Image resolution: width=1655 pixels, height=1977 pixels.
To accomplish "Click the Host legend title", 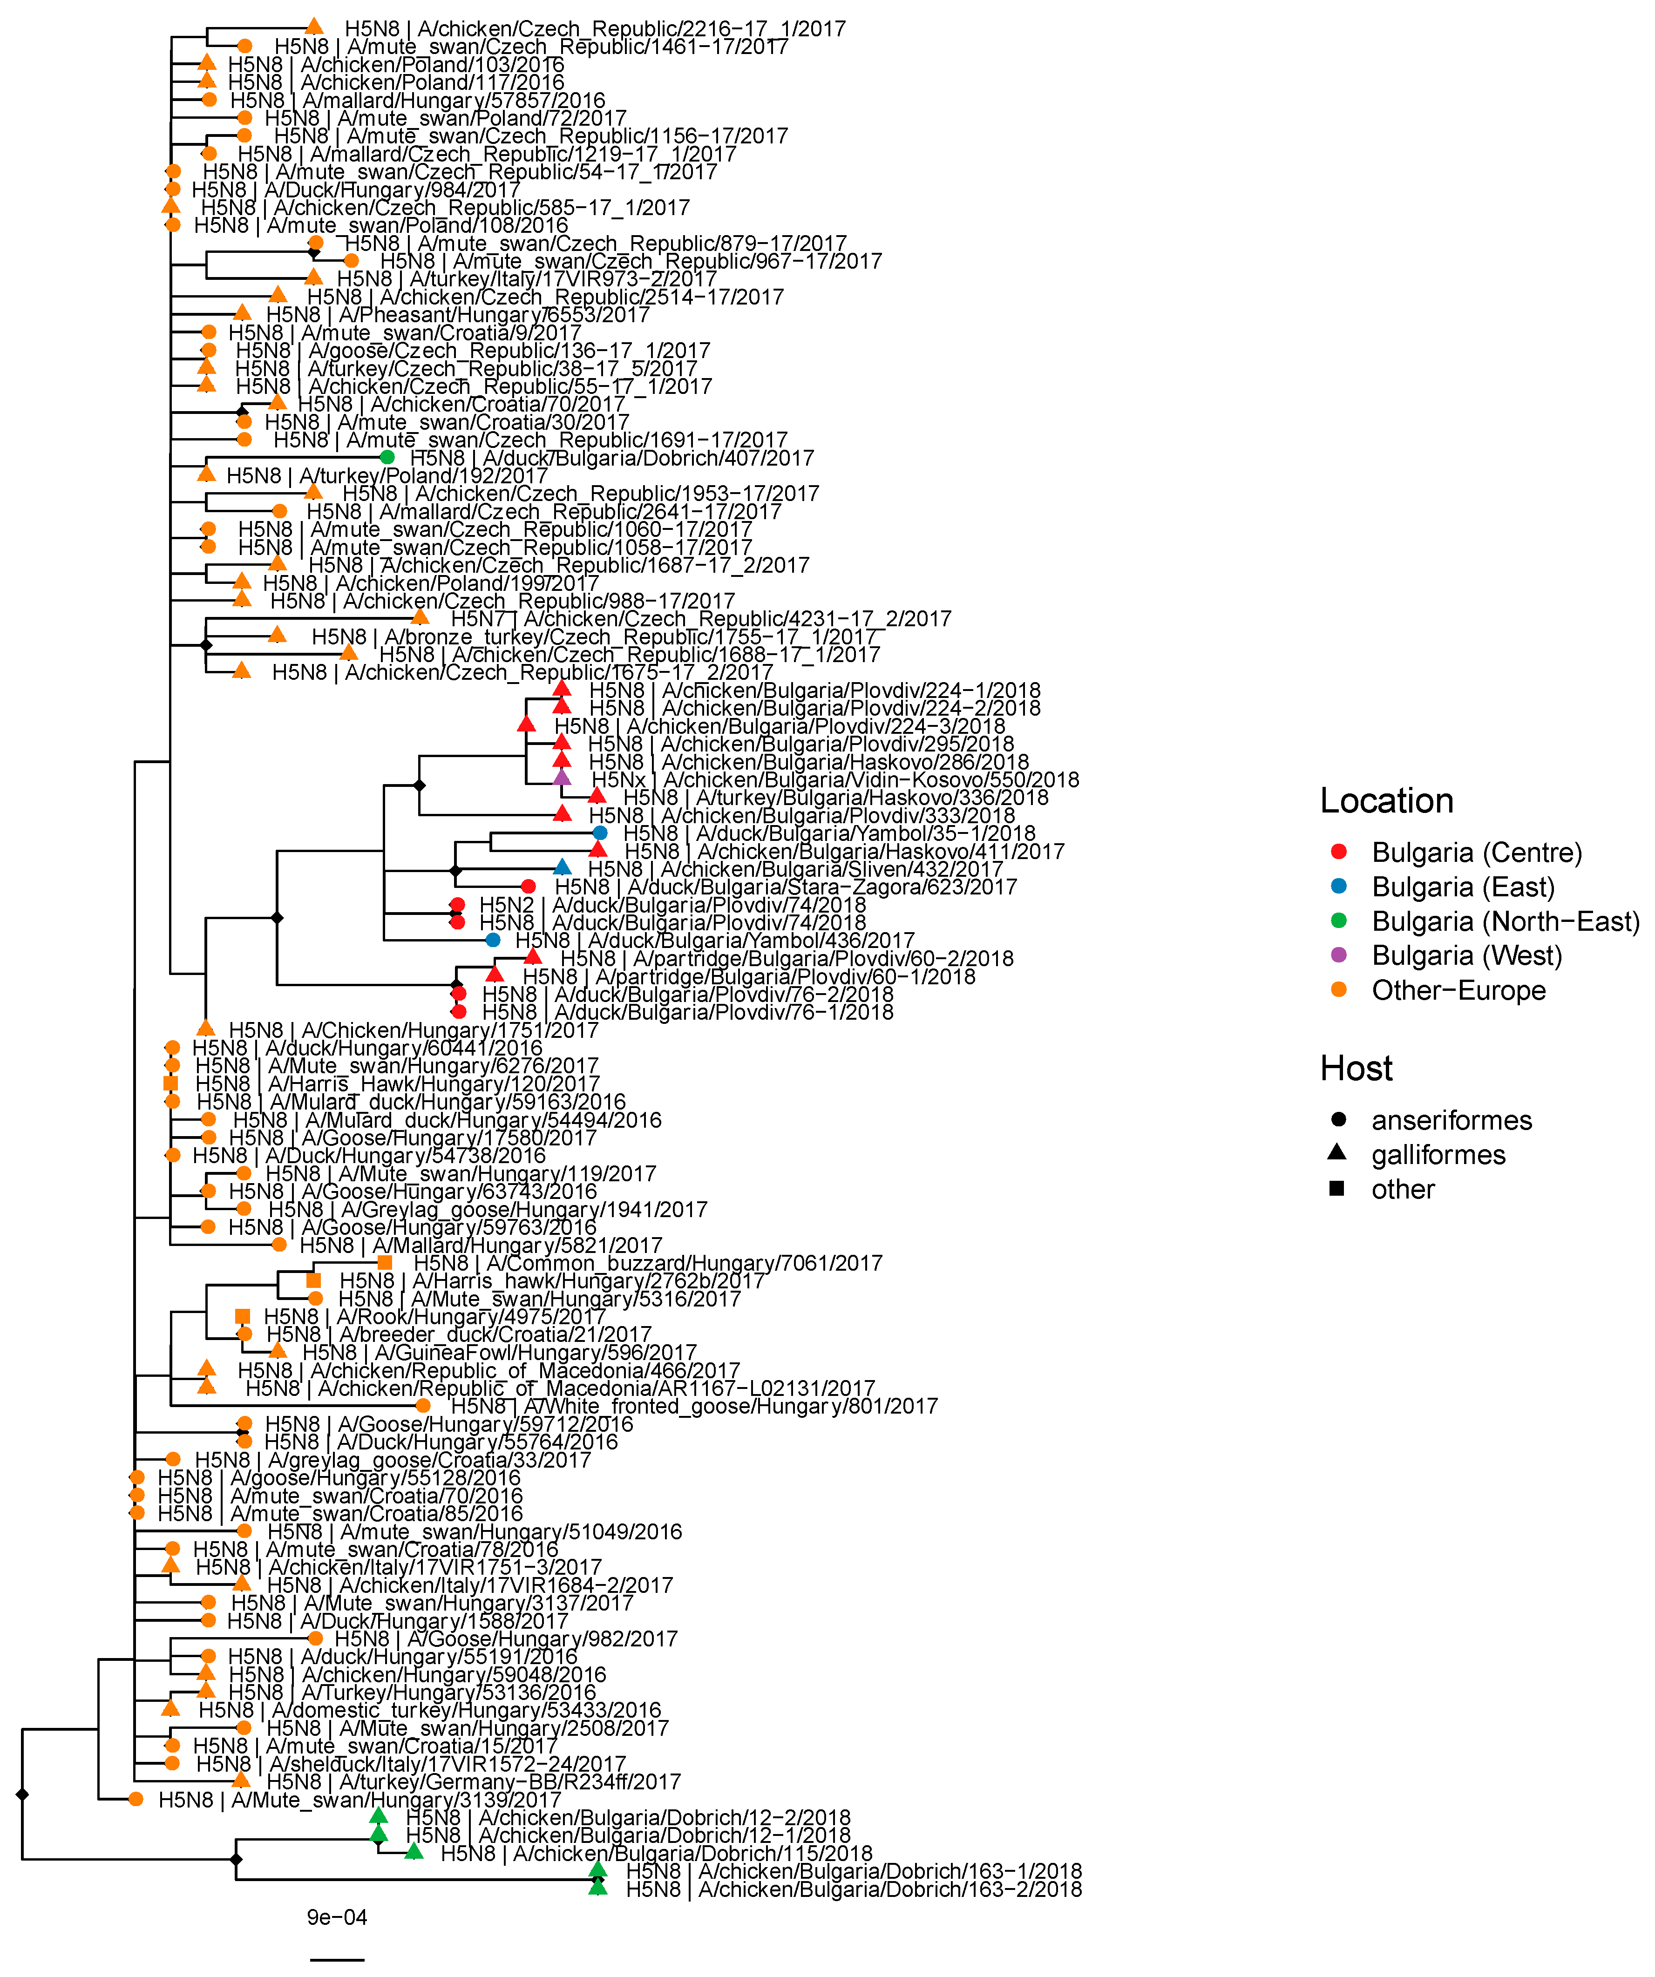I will pyautogui.click(x=1356, y=1069).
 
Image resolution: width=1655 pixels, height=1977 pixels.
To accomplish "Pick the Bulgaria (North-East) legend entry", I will pyautogui.click(x=1505, y=921).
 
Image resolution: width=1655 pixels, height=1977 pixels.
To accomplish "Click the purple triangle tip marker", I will pyautogui.click(x=562, y=778).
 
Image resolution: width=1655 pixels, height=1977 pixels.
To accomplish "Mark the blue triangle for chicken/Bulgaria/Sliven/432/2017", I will pyautogui.click(x=562, y=867).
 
